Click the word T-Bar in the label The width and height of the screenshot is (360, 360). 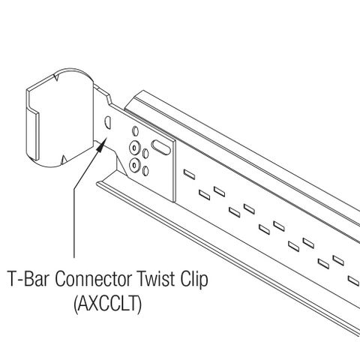pyautogui.click(x=28, y=279)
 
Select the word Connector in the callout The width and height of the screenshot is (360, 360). pyautogui.click(x=93, y=279)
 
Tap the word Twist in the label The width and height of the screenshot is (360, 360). pyautogui.click(x=156, y=279)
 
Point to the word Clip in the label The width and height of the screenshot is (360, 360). pyautogui.click(x=194, y=279)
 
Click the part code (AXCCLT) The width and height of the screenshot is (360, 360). pyautogui.click(x=108, y=304)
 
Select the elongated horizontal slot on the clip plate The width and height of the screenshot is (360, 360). pyautogui.click(x=161, y=147)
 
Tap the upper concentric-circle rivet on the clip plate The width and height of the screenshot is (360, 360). pyautogui.click(x=134, y=148)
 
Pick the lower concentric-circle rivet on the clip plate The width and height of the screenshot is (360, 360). pyautogui.click(x=135, y=164)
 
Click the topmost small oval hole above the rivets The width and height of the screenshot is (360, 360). pyautogui.click(x=135, y=131)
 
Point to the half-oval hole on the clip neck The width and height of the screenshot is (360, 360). pyautogui.click(x=107, y=122)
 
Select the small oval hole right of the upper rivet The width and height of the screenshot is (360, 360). pyautogui.click(x=145, y=154)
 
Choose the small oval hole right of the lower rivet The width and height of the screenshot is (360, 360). pyautogui.click(x=145, y=171)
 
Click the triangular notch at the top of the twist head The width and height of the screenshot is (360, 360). pyautogui.click(x=56, y=77)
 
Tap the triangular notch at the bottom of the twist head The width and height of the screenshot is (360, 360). pyautogui.click(x=64, y=160)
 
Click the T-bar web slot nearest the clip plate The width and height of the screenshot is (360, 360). pyautogui.click(x=189, y=174)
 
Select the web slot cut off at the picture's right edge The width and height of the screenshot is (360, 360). pyautogui.click(x=354, y=280)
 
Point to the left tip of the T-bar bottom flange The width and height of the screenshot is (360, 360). pyautogui.click(x=97, y=184)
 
